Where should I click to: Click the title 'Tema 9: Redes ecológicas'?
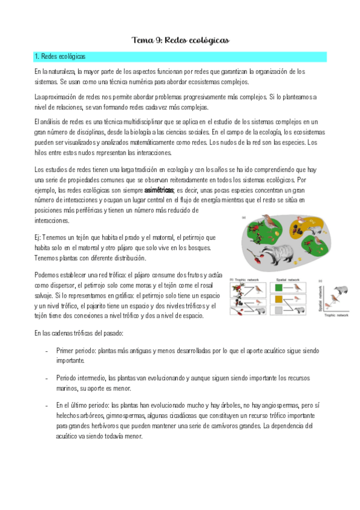pos(180,40)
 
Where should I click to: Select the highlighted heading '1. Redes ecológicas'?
pos(60,57)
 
